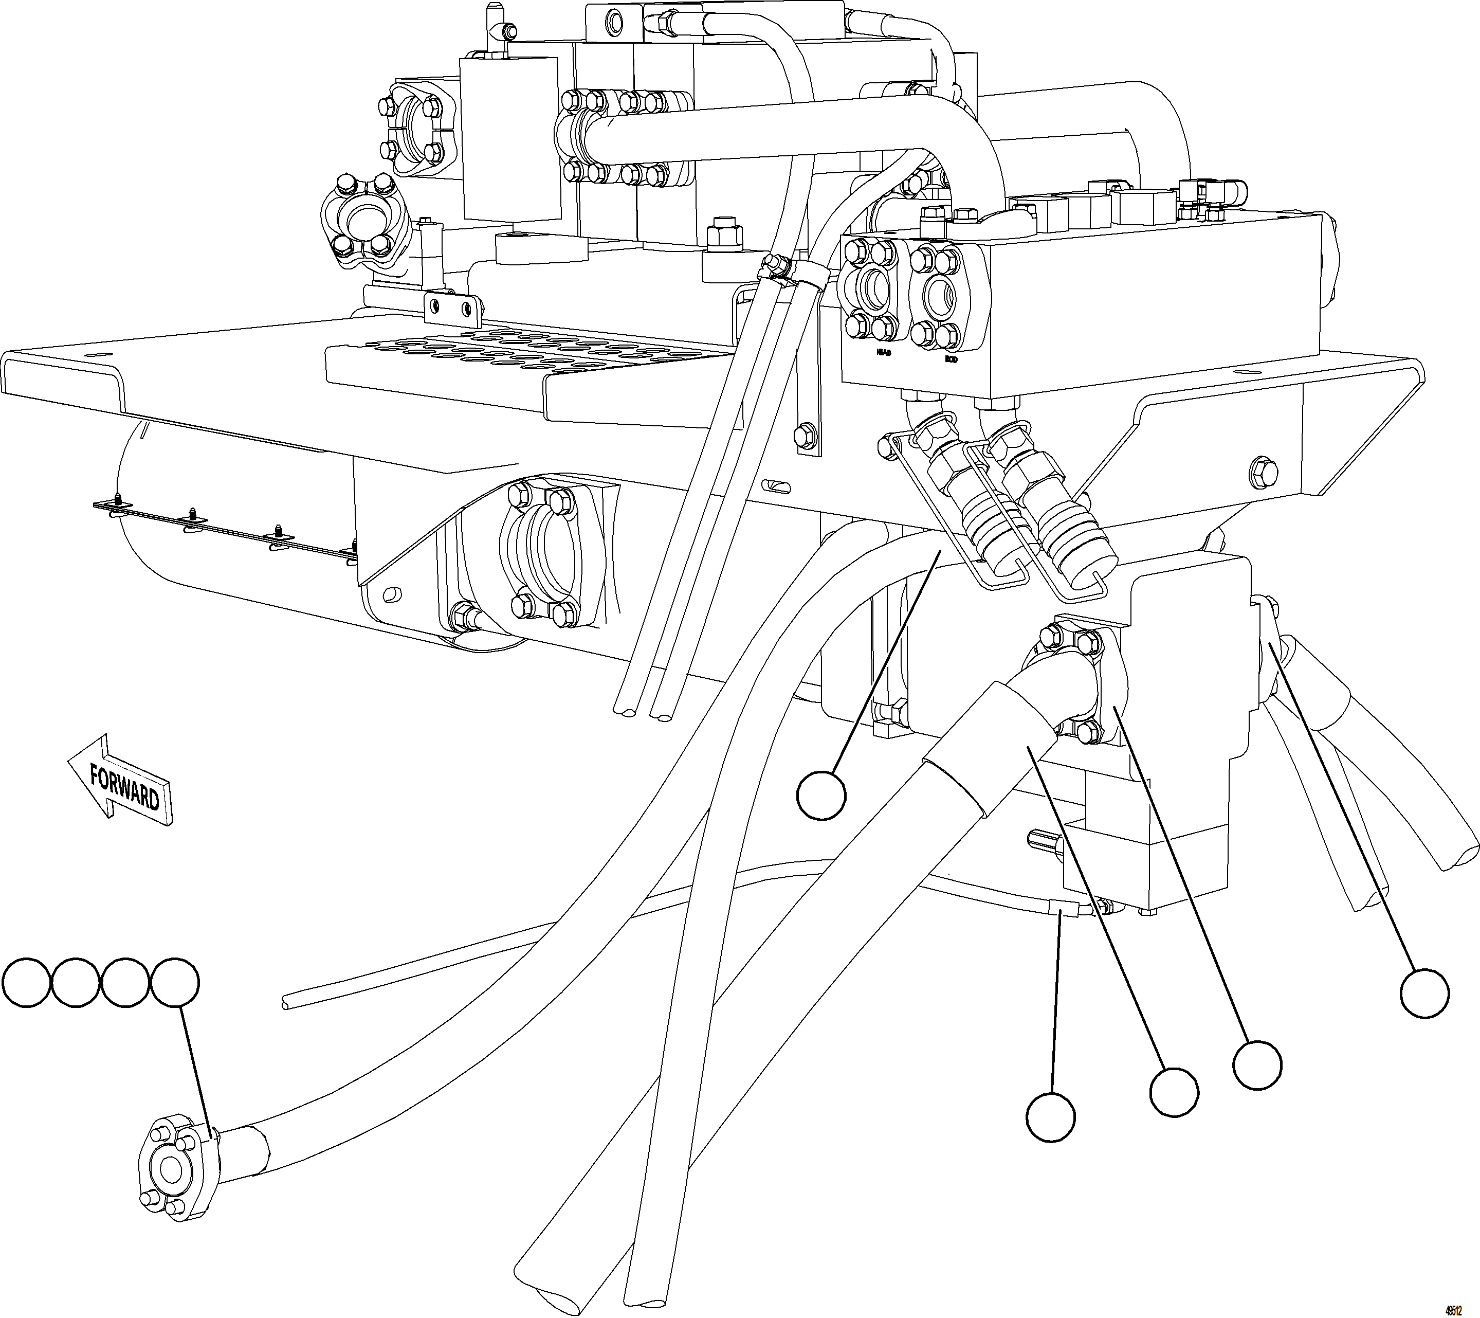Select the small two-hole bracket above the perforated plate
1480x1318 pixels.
(452, 309)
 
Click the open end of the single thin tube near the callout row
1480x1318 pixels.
(285, 1002)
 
